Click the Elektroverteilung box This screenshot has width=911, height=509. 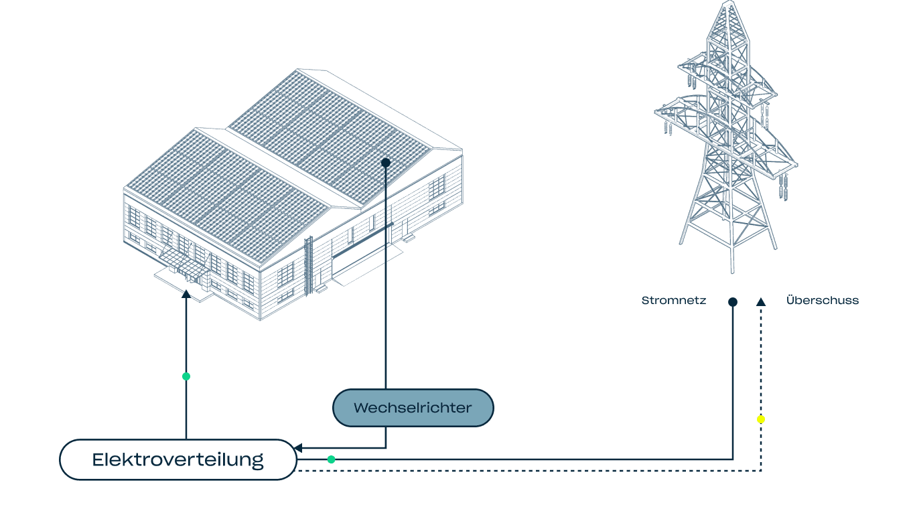tap(178, 460)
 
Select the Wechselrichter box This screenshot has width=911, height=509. tap(413, 408)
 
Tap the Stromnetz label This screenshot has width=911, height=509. tap(673, 301)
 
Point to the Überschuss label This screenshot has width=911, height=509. tap(823, 301)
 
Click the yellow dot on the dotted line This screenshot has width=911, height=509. tap(761, 419)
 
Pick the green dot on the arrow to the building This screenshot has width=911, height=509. tap(186, 376)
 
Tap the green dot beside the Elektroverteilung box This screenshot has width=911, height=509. tap(331, 459)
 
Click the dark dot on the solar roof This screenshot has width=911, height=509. tap(386, 163)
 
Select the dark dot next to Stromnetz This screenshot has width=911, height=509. tap(733, 302)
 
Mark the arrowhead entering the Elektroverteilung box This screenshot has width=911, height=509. tap(299, 448)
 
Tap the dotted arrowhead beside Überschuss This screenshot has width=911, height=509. tap(761, 302)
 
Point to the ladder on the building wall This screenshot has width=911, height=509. tap(309, 265)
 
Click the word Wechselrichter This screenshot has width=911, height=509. tap(413, 408)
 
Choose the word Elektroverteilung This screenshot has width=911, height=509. tap(178, 460)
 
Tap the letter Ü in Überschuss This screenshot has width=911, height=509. tap(790, 300)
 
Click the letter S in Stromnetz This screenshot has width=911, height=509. tap(645, 301)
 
